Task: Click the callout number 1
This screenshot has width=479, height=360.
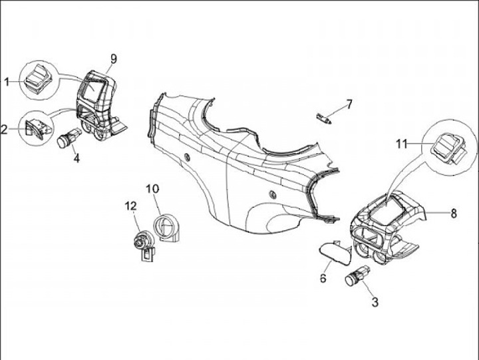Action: pos(7,82)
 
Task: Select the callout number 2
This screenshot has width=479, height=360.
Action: pos(5,130)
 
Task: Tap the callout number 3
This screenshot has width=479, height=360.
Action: pos(375,303)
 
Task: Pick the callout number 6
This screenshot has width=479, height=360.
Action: pos(323,278)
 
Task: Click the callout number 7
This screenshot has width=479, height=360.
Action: pos(349,104)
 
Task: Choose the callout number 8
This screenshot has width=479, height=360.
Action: pos(454,214)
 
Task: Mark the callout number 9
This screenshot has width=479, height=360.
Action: pos(113,59)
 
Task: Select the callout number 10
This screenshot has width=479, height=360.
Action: pos(152,189)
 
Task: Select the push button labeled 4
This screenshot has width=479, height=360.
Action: pos(67,140)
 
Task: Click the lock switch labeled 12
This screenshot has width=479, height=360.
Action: pos(142,244)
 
